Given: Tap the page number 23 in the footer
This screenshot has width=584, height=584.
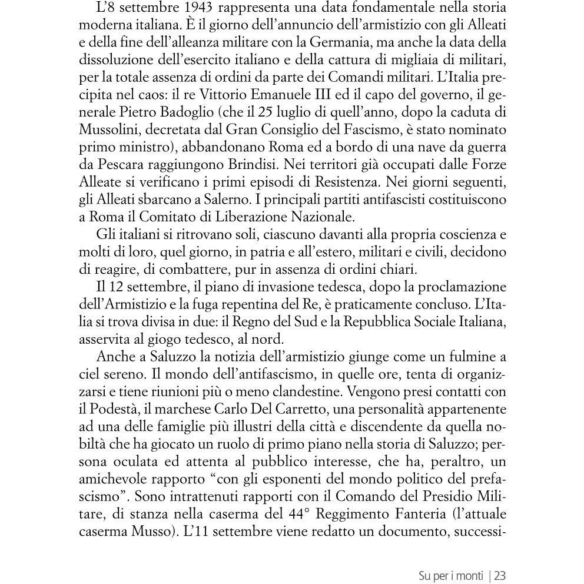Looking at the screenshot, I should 501,573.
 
